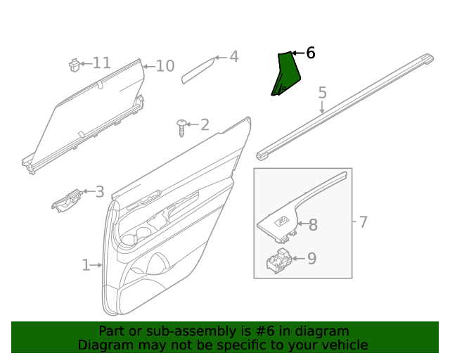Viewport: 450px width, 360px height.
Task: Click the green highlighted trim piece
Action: (285, 74)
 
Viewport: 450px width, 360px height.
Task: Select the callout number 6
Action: (310, 53)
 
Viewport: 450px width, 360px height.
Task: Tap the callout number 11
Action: (101, 63)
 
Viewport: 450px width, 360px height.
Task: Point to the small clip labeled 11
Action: (72, 64)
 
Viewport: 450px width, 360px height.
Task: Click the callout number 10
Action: (165, 66)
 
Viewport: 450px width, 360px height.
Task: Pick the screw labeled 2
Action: (183, 127)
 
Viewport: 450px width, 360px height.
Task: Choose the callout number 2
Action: (205, 125)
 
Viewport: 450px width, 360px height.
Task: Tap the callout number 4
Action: (233, 56)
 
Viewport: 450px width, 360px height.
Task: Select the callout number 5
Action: (323, 92)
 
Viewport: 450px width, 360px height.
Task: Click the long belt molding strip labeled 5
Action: (345, 105)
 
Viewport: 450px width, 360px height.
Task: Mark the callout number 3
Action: (99, 191)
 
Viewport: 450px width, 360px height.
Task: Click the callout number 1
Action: (86, 265)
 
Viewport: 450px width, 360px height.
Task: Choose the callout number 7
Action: (363, 222)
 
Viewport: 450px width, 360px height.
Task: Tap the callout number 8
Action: (313, 225)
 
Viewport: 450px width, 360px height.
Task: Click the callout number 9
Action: (311, 259)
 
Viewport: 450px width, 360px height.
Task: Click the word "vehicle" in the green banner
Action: (344, 345)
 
